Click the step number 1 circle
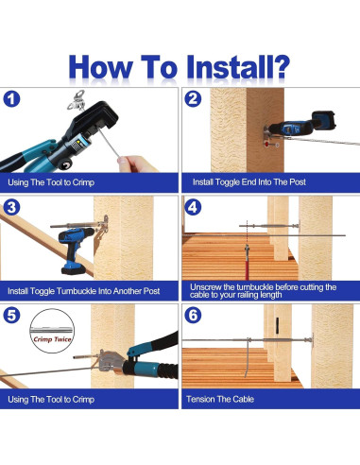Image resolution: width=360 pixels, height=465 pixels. pyautogui.click(x=11, y=99)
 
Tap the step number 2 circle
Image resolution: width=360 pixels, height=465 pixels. pyautogui.click(x=193, y=99)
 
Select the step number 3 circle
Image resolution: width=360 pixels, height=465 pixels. pyautogui.click(x=11, y=207)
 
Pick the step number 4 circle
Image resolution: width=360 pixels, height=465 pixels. pyautogui.click(x=193, y=207)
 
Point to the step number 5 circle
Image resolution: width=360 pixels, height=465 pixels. pyautogui.click(x=11, y=316)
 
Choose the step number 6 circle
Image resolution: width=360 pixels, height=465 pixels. pyautogui.click(x=193, y=316)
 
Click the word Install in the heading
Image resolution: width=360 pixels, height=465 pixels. pyautogui.click(x=229, y=67)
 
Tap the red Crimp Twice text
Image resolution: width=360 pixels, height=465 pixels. pyautogui.click(x=53, y=339)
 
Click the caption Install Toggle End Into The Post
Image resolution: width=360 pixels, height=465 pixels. pyautogui.click(x=249, y=182)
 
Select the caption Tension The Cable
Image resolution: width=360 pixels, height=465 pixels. pyautogui.click(x=220, y=399)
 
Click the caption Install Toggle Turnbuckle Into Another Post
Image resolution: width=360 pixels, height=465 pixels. pyautogui.click(x=84, y=291)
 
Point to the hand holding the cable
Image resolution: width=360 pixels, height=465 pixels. pyautogui.click(x=136, y=164)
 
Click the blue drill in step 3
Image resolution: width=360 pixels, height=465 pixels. pyautogui.click(x=76, y=250)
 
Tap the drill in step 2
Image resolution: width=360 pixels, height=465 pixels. pyautogui.click(x=300, y=125)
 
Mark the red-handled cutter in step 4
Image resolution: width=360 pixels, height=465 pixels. pyautogui.click(x=247, y=262)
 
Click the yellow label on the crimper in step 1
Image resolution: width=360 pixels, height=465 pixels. pyautogui.click(x=77, y=144)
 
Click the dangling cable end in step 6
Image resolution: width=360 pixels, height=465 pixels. pyautogui.click(x=248, y=359)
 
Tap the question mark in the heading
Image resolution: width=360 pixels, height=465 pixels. pyautogui.click(x=280, y=67)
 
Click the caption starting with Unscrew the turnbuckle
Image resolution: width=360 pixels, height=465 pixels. pyautogui.click(x=263, y=291)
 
